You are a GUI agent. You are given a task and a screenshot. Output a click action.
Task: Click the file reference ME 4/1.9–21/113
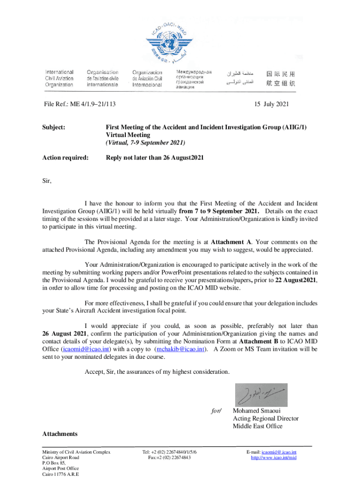pos(79,104)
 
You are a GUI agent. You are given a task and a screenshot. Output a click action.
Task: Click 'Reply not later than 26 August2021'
pos(155,158)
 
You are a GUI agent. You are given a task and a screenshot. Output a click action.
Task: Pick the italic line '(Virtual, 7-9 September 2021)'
pos(145,142)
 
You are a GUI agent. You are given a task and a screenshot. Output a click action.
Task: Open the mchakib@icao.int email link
pos(181,349)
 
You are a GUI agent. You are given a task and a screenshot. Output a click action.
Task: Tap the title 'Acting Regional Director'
pos(266,419)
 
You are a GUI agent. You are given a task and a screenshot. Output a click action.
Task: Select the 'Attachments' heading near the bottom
pos(60,434)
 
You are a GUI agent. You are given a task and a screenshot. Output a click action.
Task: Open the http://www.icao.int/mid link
pos(274,457)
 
